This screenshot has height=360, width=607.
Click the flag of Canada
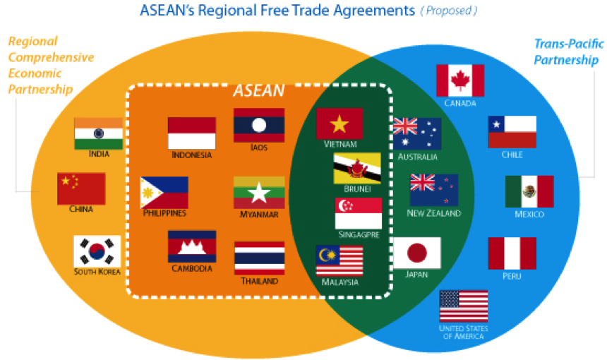point(460,80)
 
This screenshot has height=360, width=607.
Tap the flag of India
point(98,133)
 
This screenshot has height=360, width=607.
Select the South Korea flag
point(97,251)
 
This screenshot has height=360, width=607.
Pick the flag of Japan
point(417,253)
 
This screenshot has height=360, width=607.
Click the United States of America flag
point(464,306)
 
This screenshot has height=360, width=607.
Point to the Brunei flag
point(357,168)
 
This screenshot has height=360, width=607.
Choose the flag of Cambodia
point(192,246)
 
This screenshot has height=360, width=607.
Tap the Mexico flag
point(529,191)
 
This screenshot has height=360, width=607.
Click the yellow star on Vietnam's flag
point(339,124)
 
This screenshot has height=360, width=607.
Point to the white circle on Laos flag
point(259,126)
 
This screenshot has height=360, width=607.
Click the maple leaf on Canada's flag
point(460,80)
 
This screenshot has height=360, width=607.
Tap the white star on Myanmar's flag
point(259,193)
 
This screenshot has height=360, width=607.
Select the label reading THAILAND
point(259,281)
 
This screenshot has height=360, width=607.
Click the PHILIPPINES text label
point(164,213)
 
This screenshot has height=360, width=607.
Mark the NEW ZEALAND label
point(434,213)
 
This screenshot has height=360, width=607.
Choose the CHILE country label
point(512,155)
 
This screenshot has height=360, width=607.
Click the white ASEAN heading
point(258,90)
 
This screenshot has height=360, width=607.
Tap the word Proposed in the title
point(449,11)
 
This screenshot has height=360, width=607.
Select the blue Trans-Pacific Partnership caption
point(569,52)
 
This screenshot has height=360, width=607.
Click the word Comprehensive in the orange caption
point(51,57)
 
